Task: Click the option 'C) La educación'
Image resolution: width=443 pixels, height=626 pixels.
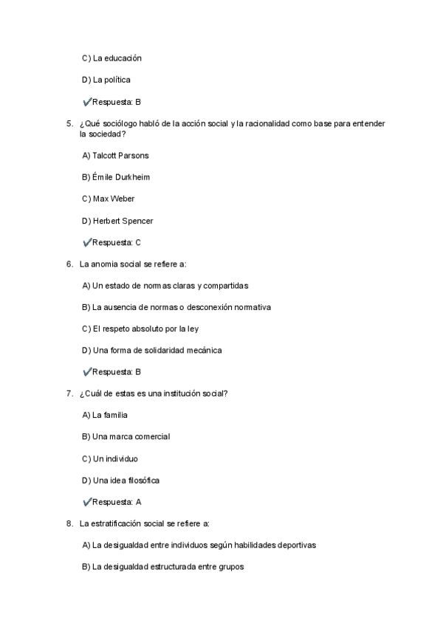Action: (x=111, y=58)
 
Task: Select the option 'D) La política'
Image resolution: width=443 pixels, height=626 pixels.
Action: (x=106, y=80)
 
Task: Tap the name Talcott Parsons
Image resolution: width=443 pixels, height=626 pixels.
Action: (x=120, y=156)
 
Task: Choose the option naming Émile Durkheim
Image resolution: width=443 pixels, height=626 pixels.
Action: (x=121, y=177)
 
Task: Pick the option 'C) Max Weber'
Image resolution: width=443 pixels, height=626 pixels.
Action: (x=108, y=199)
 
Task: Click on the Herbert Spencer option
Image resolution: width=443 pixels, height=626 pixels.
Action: (x=118, y=221)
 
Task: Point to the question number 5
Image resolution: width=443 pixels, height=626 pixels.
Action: (x=69, y=123)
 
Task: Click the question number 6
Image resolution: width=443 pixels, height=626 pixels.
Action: (x=69, y=264)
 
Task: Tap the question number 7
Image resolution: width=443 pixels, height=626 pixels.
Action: (x=69, y=393)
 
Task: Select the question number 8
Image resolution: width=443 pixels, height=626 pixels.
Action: (x=69, y=523)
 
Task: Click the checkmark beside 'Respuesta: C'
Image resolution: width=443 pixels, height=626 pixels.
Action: (x=87, y=242)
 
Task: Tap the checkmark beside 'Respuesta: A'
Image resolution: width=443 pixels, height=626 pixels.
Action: (x=87, y=502)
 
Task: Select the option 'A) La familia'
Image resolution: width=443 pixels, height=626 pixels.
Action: (x=105, y=415)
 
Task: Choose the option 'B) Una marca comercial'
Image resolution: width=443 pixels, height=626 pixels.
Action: (x=126, y=436)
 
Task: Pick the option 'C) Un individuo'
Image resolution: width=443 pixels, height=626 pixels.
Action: (x=110, y=458)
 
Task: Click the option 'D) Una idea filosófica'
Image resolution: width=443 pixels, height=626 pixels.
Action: (x=121, y=481)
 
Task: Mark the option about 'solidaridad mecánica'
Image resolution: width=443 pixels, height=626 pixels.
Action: (x=152, y=350)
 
